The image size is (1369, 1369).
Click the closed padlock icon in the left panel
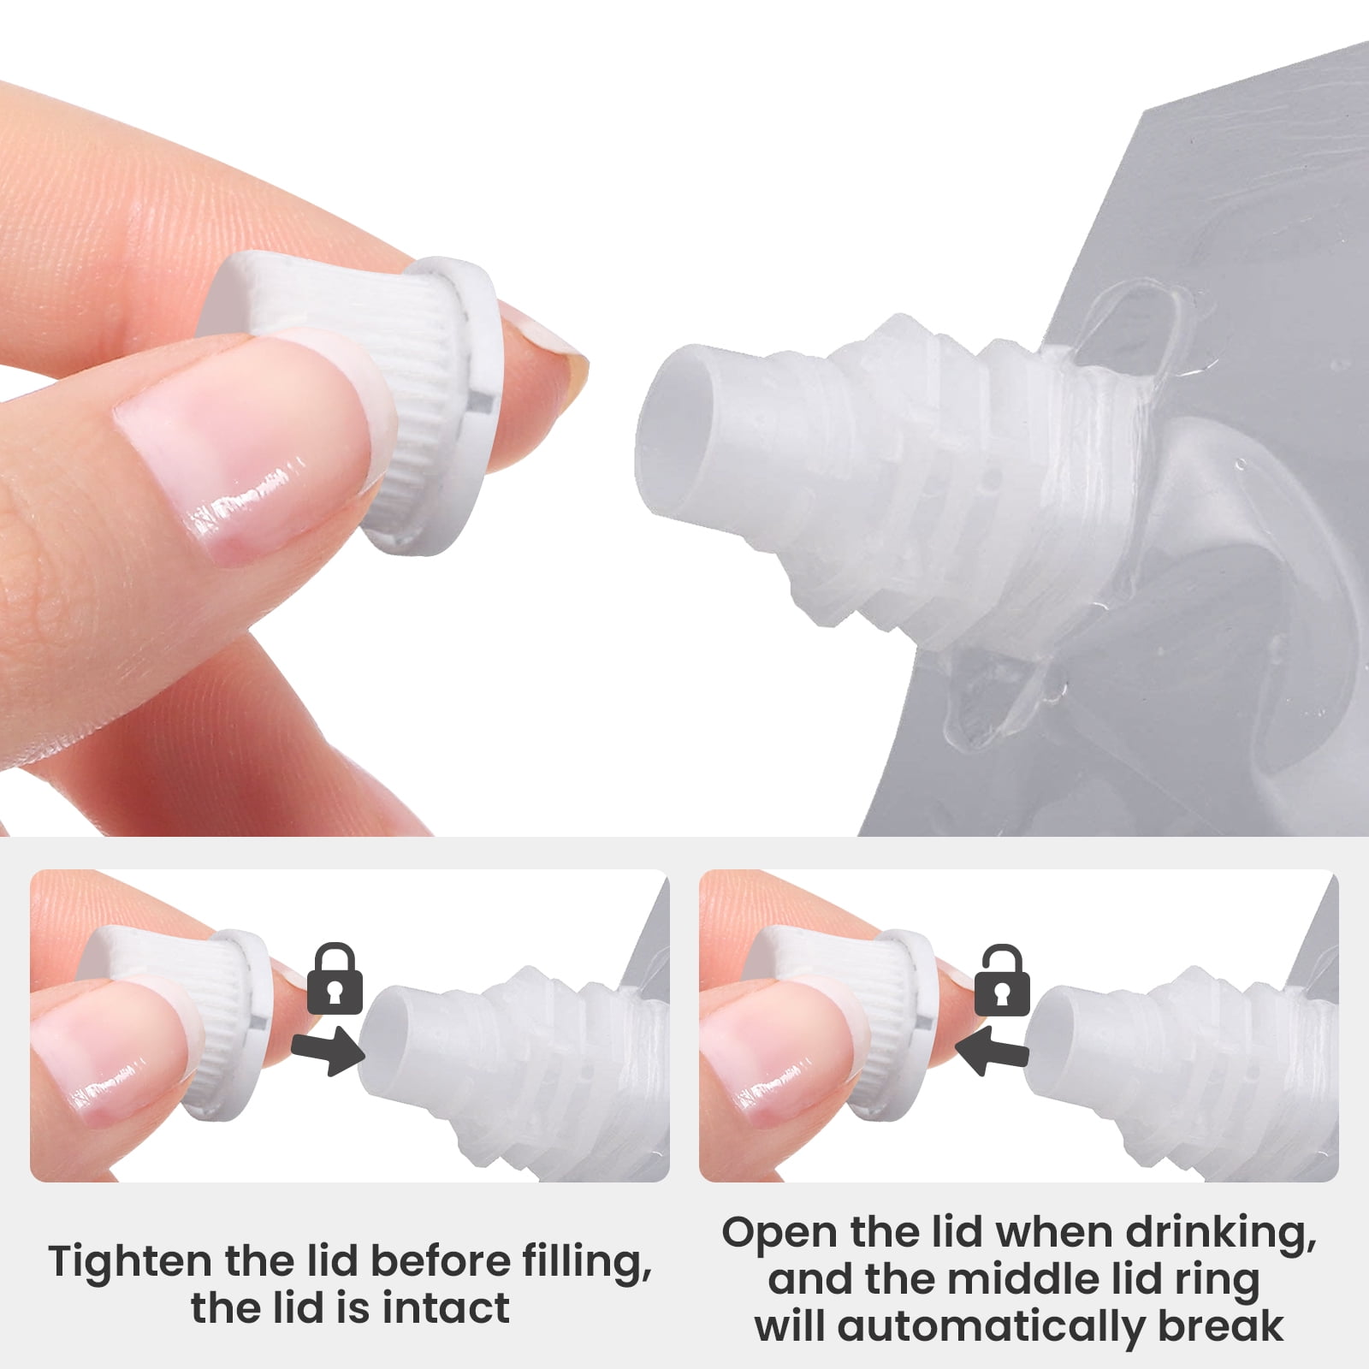coord(334,979)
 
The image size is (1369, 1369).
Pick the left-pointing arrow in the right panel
coord(993,1049)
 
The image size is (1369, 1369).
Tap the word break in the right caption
coord(1221,1326)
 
